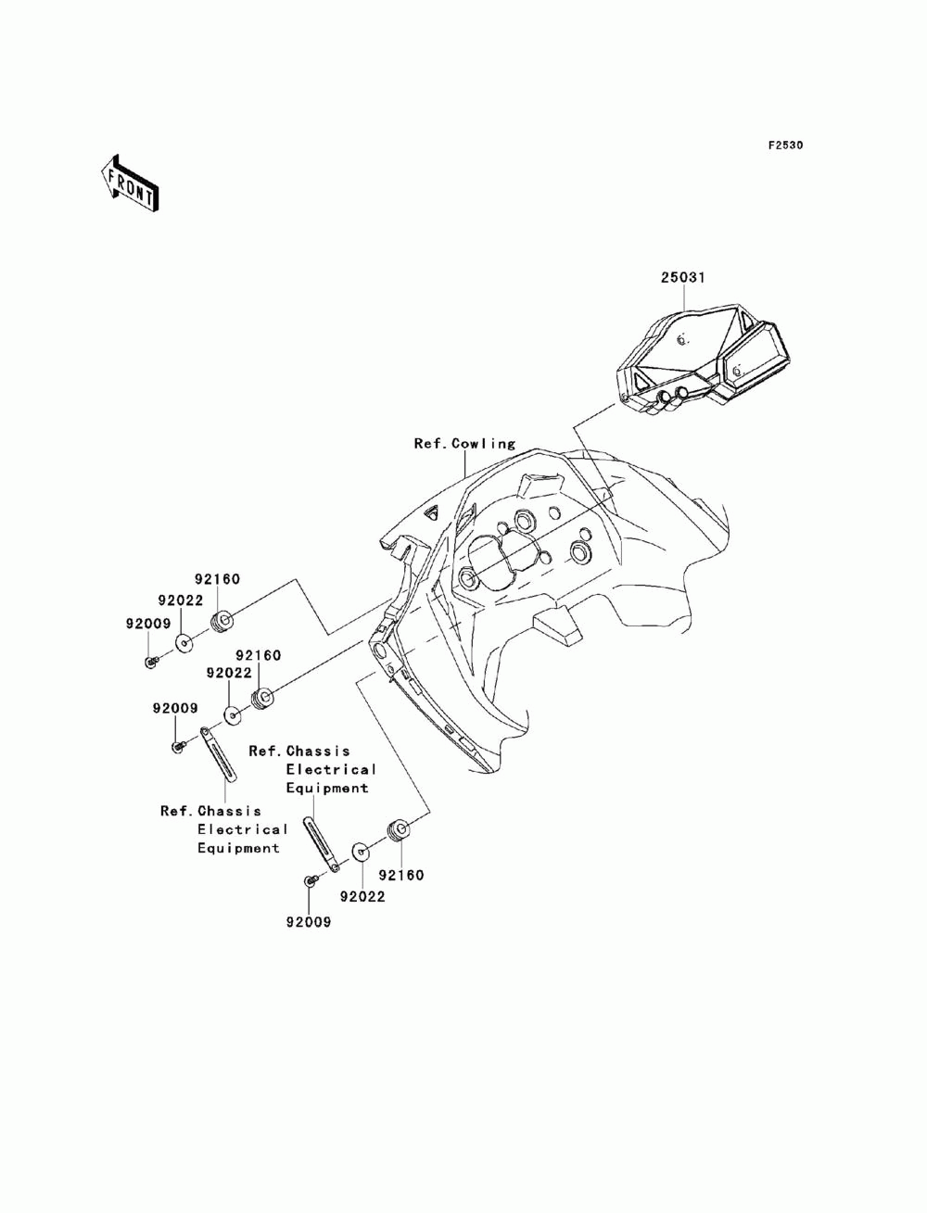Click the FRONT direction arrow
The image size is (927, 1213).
pyautogui.click(x=130, y=183)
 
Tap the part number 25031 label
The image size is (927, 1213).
pyautogui.click(x=682, y=277)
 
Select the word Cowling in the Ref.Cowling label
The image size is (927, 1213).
pyautogui.click(x=484, y=444)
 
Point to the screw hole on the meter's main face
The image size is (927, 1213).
pyautogui.click(x=682, y=340)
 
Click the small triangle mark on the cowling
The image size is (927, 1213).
pyautogui.click(x=432, y=512)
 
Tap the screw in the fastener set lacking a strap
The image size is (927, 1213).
pyautogui.click(x=151, y=661)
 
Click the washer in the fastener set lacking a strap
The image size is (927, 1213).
pyautogui.click(x=184, y=643)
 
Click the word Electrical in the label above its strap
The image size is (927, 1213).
pyautogui.click(x=331, y=770)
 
